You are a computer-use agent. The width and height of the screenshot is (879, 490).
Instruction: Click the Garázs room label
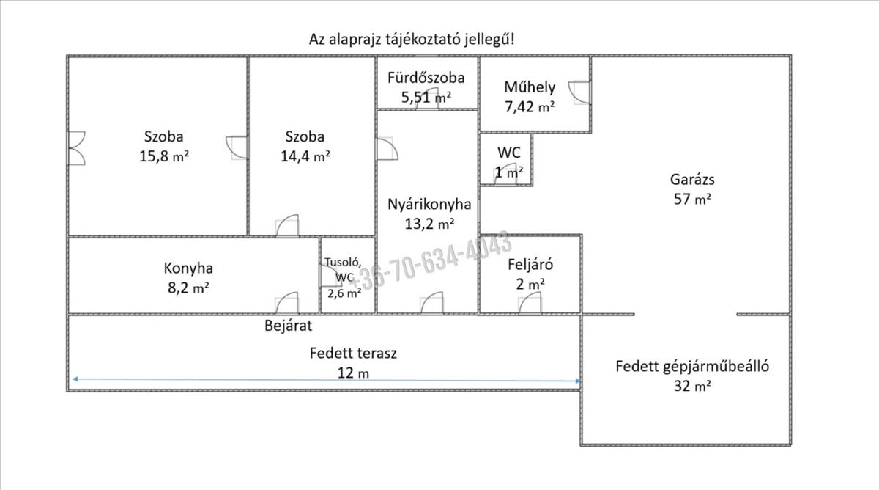[692, 180]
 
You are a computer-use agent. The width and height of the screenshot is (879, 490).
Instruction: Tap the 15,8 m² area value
[164, 156]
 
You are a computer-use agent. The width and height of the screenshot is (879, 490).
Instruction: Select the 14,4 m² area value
[305, 156]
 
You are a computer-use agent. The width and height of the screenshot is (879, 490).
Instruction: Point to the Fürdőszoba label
[426, 78]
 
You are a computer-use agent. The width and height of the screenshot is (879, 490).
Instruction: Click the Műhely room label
[530, 87]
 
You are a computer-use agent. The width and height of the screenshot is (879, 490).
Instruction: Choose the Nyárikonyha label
[429, 205]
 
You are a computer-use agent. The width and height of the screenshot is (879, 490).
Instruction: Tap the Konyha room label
[188, 268]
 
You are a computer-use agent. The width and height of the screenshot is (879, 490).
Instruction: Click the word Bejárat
[289, 326]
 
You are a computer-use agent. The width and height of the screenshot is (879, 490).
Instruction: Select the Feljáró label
[530, 265]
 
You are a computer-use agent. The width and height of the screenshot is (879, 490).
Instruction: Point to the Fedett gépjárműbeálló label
[692, 367]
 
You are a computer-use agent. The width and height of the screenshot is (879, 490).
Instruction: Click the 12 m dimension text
[353, 373]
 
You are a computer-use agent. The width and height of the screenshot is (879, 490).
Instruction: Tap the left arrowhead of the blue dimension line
[75, 379]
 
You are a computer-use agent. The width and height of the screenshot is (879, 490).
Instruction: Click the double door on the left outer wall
[77, 148]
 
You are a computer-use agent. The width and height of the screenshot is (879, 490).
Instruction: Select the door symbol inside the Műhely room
[579, 92]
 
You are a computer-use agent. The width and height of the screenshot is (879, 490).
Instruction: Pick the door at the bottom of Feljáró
[530, 304]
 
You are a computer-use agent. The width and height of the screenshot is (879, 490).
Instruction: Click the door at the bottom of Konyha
[287, 303]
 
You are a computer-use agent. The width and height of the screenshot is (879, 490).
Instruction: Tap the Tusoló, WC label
[343, 269]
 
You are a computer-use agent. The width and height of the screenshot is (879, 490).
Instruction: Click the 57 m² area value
[692, 200]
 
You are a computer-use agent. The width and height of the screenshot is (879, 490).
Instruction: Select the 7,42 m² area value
[530, 107]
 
